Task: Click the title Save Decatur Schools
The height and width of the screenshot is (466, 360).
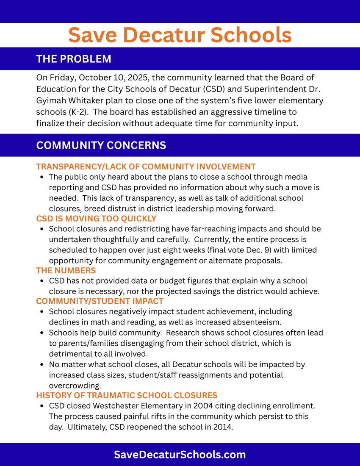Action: [x=180, y=35]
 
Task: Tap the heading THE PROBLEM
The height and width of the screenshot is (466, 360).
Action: [x=74, y=59]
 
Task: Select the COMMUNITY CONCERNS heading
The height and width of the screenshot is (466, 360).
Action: [x=101, y=145]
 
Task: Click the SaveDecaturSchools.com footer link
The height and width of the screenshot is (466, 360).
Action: [x=180, y=455]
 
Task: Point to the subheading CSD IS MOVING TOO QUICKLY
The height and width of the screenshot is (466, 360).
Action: [x=96, y=219]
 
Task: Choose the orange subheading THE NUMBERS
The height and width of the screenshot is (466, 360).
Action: [x=66, y=270]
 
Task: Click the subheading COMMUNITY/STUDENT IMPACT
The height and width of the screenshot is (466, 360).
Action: [x=100, y=301]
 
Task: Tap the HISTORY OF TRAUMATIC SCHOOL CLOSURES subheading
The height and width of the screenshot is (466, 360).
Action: [x=126, y=395]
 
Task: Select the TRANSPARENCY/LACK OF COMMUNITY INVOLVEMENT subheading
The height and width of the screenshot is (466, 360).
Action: [x=146, y=166]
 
